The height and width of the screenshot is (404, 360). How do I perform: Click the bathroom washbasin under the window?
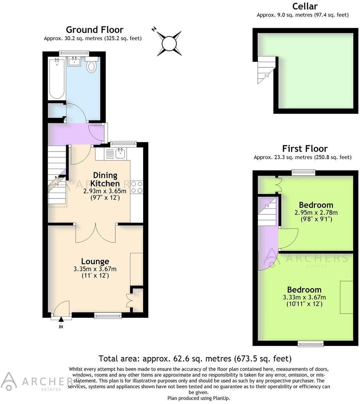click(x=74, y=61)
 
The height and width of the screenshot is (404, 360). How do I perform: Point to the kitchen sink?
click(x=120, y=153)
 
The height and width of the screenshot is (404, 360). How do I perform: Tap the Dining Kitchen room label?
click(x=104, y=179)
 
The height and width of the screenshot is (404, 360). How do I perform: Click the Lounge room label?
click(x=95, y=261)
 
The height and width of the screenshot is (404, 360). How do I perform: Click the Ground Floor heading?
click(x=94, y=30)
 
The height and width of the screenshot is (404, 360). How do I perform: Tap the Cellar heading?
click(x=304, y=6)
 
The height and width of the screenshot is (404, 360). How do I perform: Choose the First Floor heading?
click(x=305, y=149)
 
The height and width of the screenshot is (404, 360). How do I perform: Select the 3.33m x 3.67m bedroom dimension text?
click(x=304, y=297)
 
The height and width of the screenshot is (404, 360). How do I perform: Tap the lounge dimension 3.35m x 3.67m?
click(x=95, y=269)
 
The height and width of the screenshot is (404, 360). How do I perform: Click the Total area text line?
click(x=195, y=358)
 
